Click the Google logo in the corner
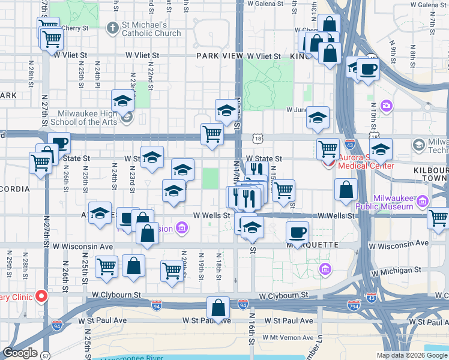[20, 353]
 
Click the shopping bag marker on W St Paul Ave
[218, 308]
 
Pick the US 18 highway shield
[258, 138]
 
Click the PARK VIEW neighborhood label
[217, 56]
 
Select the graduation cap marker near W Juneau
[318, 118]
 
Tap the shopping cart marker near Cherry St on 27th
[52, 39]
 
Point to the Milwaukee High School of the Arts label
[91, 118]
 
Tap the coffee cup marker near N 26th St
[59, 143]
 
